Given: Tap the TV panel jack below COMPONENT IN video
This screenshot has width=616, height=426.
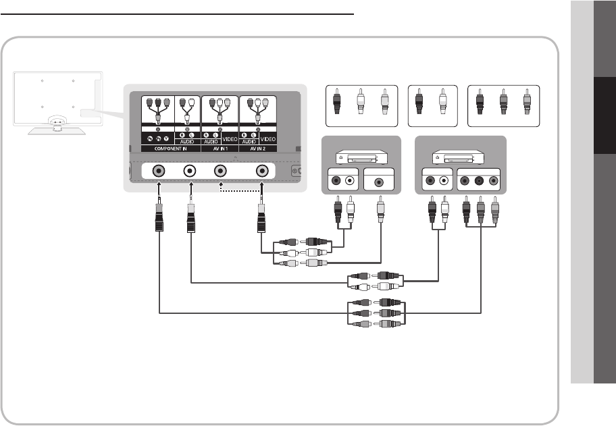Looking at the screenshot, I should [158, 171].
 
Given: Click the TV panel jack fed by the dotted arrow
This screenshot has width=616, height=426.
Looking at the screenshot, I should [220, 171].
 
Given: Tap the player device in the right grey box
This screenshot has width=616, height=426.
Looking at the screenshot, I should [459, 157].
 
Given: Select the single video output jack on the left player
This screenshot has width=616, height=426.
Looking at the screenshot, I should [381, 182].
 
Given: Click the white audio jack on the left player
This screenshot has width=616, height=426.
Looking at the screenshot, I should [350, 181].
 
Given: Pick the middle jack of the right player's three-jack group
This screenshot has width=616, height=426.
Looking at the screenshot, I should [480, 181].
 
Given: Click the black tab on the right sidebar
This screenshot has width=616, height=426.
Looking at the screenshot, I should [605, 115].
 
